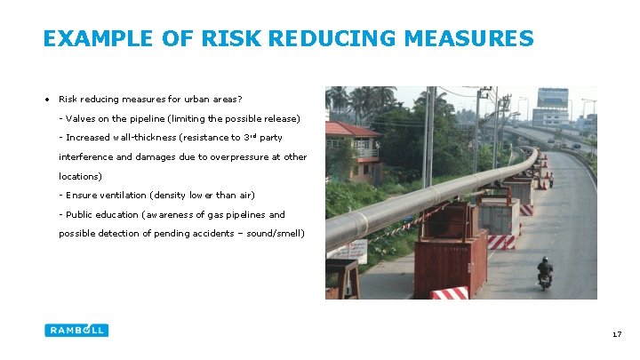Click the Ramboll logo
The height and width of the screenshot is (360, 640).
pos(76,330)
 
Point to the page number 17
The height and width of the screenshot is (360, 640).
pos(616,334)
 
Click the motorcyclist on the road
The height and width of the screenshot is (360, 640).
pos(545,272)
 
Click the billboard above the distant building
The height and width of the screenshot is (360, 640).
pos(552,97)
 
